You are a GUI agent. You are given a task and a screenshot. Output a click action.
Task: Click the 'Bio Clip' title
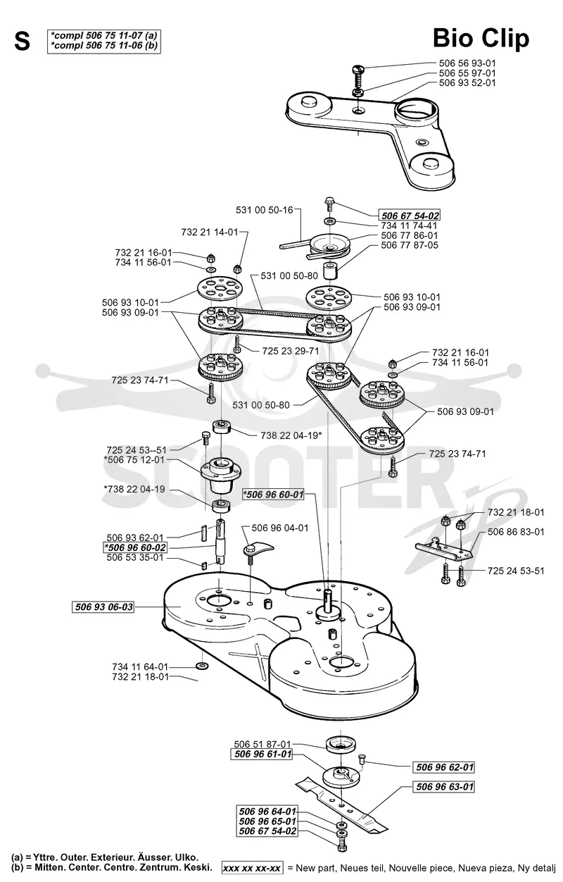click(x=481, y=39)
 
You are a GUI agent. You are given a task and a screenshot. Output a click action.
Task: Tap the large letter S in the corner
click(x=22, y=41)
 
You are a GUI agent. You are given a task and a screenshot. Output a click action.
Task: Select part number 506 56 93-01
click(x=467, y=63)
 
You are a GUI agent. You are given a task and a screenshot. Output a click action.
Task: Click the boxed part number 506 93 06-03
click(x=104, y=607)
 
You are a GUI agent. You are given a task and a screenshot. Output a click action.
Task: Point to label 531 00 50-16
click(x=265, y=210)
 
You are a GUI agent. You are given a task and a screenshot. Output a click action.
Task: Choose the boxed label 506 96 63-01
click(x=445, y=787)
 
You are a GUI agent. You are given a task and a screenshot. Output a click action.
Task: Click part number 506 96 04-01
click(x=279, y=528)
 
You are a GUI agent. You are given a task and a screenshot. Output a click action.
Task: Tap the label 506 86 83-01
click(x=516, y=532)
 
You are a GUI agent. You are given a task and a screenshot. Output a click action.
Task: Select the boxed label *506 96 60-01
click(x=274, y=494)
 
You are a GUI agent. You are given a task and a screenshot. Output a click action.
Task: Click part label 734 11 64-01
click(x=140, y=667)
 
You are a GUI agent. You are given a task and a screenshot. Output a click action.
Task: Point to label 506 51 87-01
click(x=262, y=744)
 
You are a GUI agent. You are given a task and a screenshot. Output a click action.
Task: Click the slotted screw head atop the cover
click(x=358, y=70)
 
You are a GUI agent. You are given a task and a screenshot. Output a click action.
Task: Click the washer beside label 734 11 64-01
click(x=202, y=666)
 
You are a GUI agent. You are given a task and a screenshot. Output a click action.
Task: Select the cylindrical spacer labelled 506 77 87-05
click(x=330, y=270)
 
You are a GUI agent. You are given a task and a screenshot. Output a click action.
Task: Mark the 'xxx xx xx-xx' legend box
click(x=252, y=867)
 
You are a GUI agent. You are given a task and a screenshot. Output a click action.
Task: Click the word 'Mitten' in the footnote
click(x=49, y=867)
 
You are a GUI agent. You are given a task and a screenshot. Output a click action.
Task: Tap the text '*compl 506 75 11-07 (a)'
click(x=104, y=35)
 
